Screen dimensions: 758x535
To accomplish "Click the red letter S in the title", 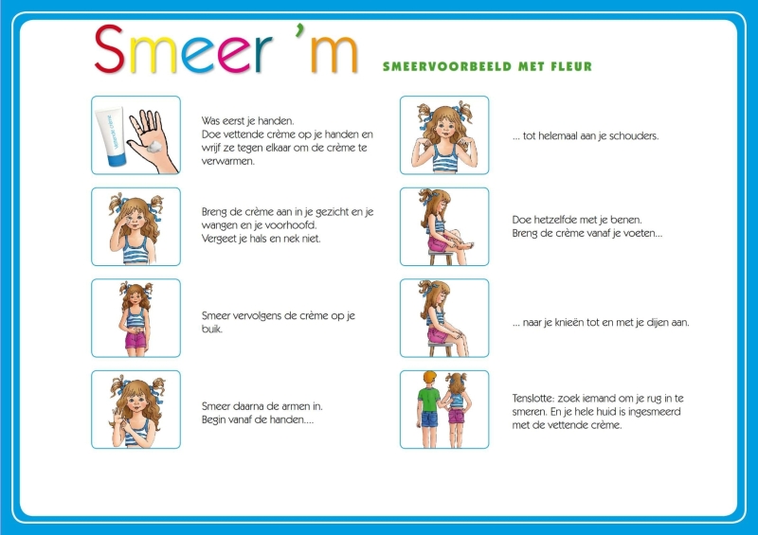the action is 110,48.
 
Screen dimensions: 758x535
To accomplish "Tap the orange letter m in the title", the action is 334,54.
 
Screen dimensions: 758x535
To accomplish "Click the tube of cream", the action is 112,136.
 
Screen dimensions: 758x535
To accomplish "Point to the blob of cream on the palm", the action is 154,147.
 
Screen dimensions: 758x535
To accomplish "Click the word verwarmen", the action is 228,161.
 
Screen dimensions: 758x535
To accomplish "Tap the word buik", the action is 211,330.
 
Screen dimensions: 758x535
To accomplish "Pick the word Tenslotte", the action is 533,399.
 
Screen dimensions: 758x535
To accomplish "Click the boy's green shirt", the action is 429,399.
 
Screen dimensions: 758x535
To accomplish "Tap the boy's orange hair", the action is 429,378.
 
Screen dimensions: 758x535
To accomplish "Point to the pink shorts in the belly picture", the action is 135,340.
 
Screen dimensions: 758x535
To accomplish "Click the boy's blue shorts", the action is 429,419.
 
